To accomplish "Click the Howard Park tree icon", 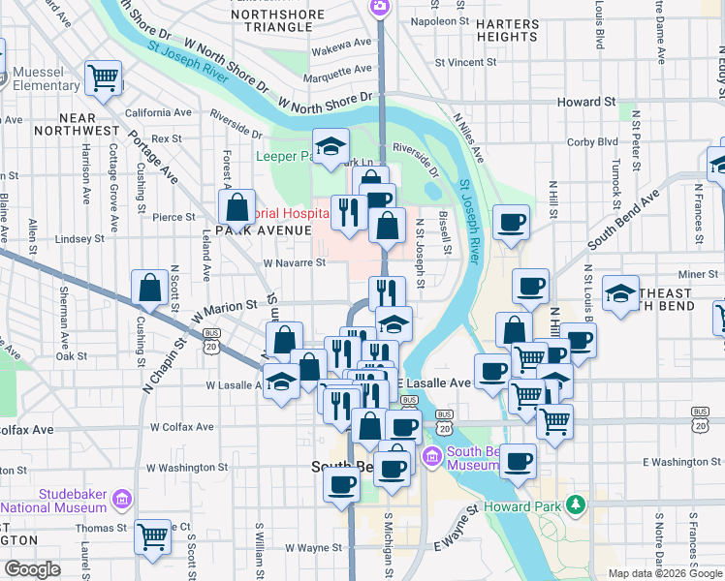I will pyautogui.click(x=577, y=504).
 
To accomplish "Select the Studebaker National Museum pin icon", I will pyautogui.click(x=122, y=499).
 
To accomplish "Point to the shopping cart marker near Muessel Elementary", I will pyautogui.click(x=104, y=77).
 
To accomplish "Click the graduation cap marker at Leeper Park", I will pyautogui.click(x=331, y=147).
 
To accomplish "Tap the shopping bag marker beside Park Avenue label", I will pyautogui.click(x=237, y=206).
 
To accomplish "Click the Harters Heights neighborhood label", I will pyautogui.click(x=508, y=29).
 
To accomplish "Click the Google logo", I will pyautogui.click(x=32, y=569).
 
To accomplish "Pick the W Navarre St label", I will pyautogui.click(x=292, y=261).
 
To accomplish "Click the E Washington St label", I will pyautogui.click(x=682, y=462).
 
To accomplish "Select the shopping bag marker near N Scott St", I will pyautogui.click(x=150, y=287).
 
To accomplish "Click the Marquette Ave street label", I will pyautogui.click(x=336, y=72).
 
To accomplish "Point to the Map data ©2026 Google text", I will pyautogui.click(x=665, y=572).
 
